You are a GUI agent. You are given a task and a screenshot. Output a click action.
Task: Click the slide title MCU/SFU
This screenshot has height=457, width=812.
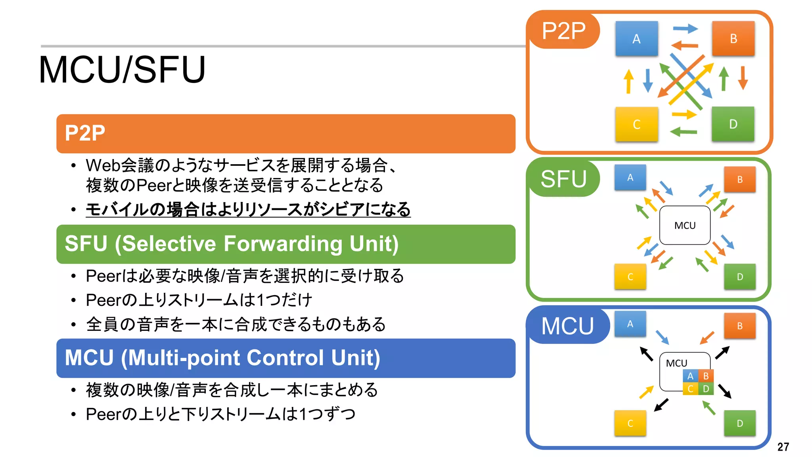[x=122, y=70]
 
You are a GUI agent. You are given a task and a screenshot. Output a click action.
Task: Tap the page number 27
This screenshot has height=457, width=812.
[x=783, y=447]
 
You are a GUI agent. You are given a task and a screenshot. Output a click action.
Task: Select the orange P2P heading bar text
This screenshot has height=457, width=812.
[x=85, y=133]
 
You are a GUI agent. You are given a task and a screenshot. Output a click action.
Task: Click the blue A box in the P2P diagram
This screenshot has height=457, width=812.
[x=636, y=38]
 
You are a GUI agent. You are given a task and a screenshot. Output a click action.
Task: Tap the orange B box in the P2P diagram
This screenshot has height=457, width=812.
[x=733, y=38]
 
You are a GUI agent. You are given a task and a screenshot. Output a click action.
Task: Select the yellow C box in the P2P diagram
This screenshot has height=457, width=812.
[x=636, y=124]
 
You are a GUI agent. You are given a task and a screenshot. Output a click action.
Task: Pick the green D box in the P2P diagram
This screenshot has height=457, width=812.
[x=733, y=124]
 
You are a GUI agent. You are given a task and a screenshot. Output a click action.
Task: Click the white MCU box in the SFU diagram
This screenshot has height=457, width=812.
[x=685, y=225]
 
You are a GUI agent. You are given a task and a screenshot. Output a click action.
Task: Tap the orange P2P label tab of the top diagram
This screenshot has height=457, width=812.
[x=563, y=31]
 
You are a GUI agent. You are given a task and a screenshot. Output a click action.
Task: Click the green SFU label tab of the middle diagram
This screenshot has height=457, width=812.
[x=563, y=179]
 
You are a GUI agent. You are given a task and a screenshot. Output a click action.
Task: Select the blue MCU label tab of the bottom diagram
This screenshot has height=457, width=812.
[x=567, y=326]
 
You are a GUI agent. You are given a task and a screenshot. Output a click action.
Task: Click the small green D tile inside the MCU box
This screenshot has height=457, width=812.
[x=706, y=389]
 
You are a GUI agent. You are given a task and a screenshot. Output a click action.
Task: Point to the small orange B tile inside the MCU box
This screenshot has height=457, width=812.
[x=706, y=376]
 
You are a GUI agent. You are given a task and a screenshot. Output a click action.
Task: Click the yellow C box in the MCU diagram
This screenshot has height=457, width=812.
[x=630, y=423]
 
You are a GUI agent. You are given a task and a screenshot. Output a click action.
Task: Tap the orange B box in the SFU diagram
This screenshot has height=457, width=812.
[x=740, y=179]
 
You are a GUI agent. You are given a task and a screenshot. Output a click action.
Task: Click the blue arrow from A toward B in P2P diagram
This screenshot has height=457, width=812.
[x=685, y=28]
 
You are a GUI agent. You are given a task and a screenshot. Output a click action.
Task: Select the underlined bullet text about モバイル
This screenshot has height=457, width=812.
[x=248, y=209]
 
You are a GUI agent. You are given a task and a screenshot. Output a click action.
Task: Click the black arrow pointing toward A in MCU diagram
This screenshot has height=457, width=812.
[x=647, y=354]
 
